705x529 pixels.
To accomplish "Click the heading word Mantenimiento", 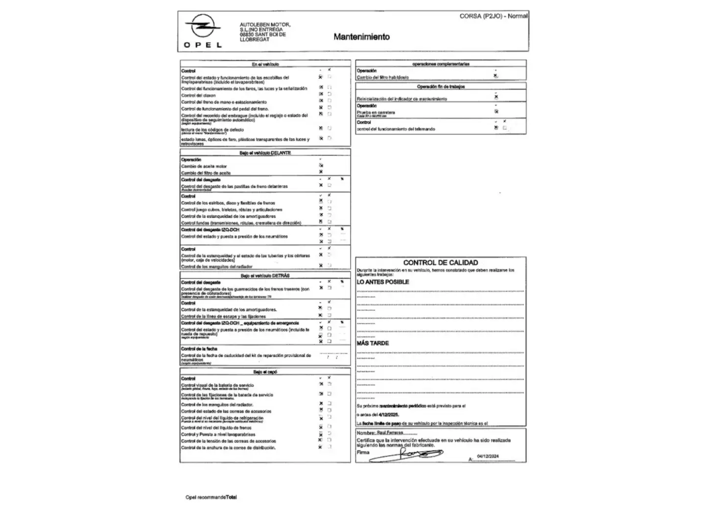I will tap(361, 37).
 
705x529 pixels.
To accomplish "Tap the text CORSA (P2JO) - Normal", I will tap(493, 16).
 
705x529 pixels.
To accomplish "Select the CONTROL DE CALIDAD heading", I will tap(440, 263).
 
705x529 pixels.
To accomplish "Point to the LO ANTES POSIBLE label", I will tap(382, 282).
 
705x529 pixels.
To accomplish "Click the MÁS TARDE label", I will tap(373, 343).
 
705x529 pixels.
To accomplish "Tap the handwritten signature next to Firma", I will tap(406, 455).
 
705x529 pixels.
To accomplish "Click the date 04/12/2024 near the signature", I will tap(488, 457).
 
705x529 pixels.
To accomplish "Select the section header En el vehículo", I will tap(265, 64).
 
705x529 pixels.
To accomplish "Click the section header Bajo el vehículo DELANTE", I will tap(265, 153).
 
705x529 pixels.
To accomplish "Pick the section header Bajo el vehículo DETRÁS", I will tap(265, 276).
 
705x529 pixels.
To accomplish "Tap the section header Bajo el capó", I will tap(265, 372).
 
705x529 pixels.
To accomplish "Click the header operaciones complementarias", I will tap(441, 64).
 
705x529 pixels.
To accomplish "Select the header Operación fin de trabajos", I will tap(441, 87).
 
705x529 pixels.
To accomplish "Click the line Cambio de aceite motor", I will tap(204, 167).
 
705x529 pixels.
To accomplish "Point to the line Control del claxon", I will tap(198, 96).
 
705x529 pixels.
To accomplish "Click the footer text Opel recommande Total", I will tap(211, 497).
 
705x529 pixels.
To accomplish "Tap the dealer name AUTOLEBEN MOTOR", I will tap(264, 24).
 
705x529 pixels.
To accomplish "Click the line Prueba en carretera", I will tap(376, 112).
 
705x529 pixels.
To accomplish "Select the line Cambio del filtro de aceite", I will tap(206, 173).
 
